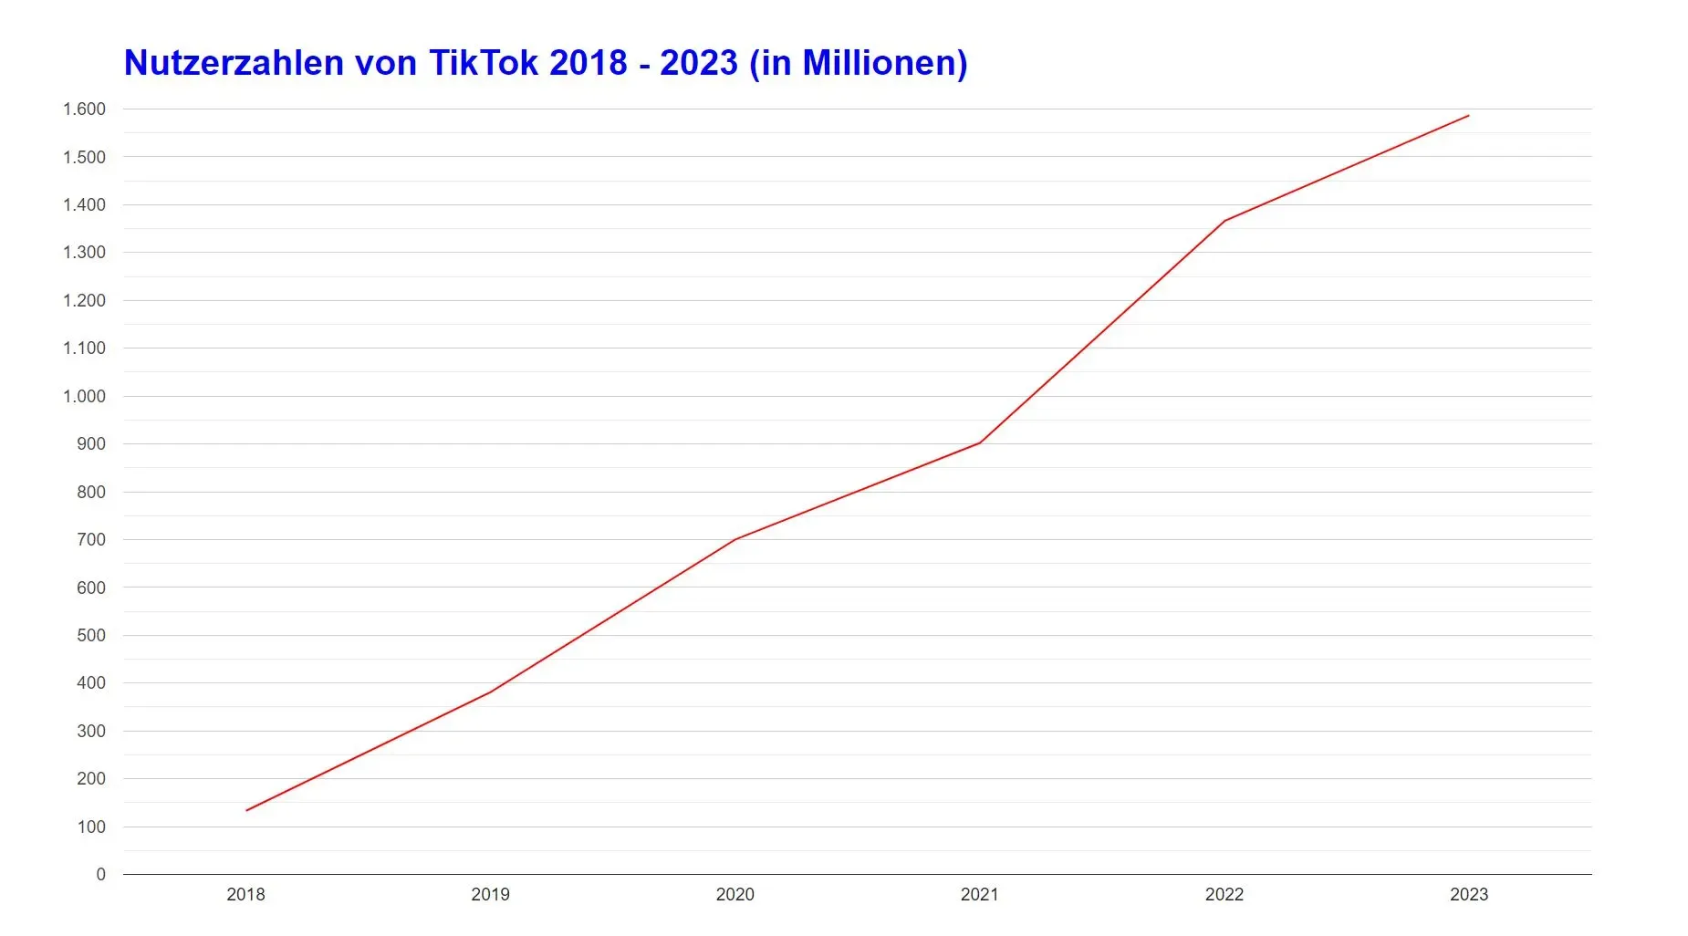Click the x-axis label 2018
point(245,895)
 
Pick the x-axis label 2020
point(735,895)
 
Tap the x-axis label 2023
point(1468,895)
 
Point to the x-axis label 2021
point(979,895)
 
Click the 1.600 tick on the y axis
point(84,109)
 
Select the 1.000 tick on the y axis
point(84,396)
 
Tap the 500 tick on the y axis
point(91,635)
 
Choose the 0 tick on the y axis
point(100,874)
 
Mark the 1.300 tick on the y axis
point(84,253)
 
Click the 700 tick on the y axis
point(91,539)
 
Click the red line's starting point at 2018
point(246,810)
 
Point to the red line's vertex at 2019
point(491,692)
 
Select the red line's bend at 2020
point(735,539)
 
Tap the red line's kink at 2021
point(980,442)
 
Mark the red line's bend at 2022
point(1224,221)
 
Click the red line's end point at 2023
point(1468,116)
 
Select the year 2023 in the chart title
point(698,63)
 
